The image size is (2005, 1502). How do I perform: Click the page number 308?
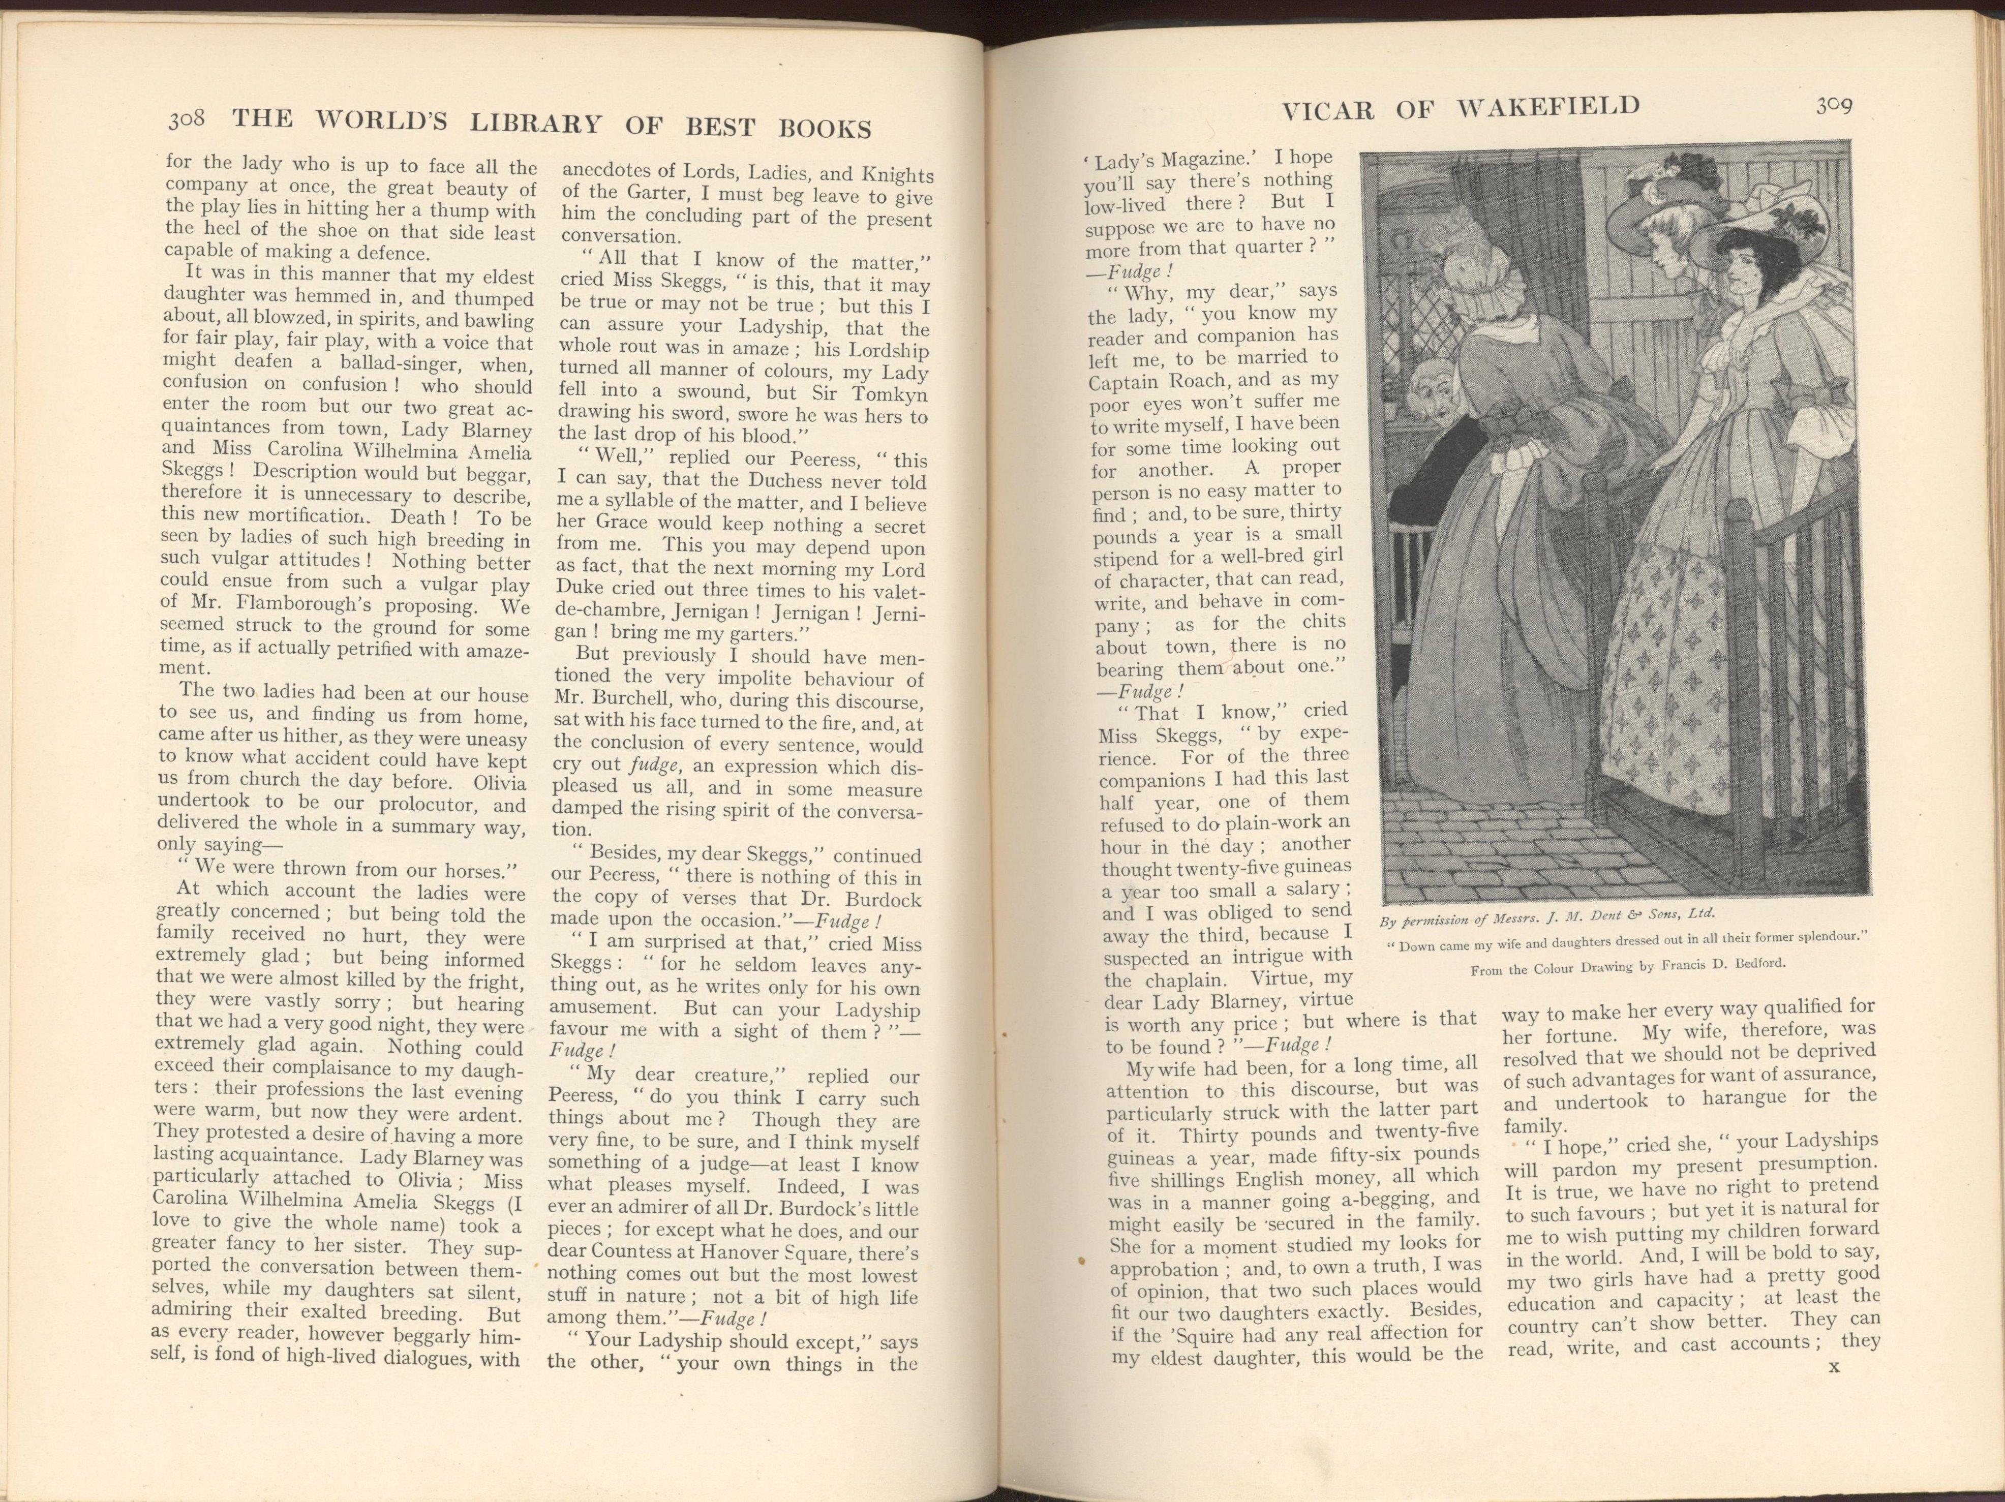pos(188,119)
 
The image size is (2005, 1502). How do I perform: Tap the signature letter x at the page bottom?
pos(1833,1391)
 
